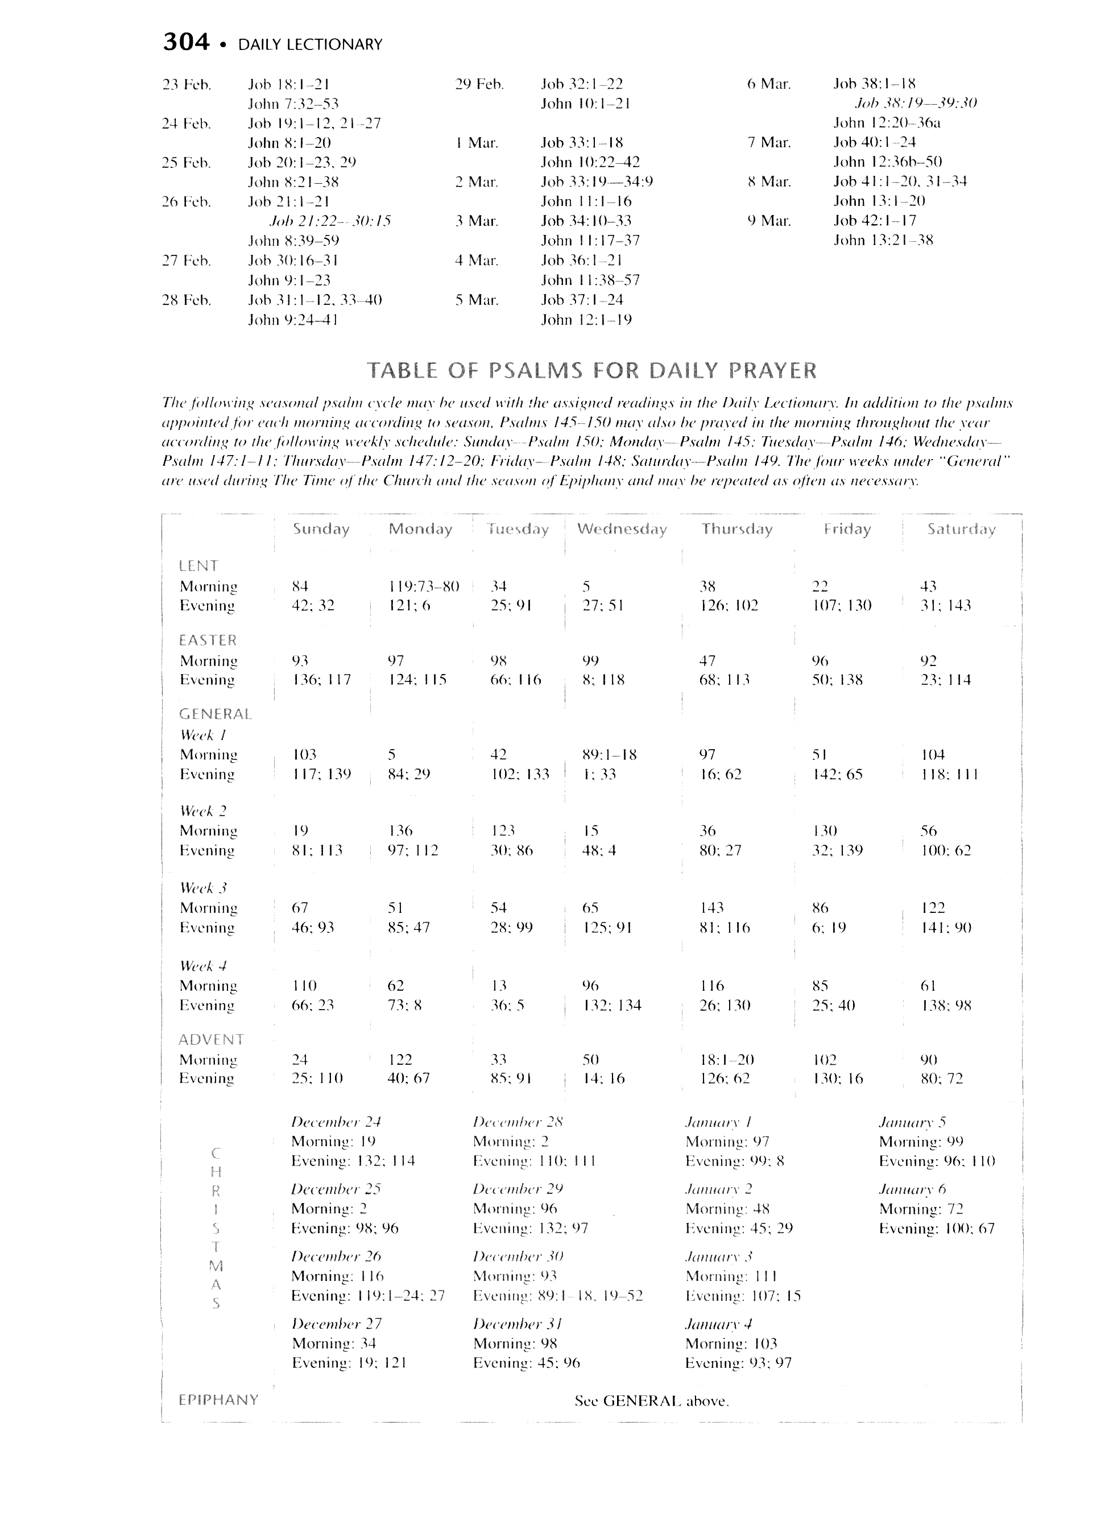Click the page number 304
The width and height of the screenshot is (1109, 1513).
(186, 43)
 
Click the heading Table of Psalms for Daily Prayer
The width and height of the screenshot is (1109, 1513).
(591, 370)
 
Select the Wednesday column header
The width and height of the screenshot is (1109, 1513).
(622, 530)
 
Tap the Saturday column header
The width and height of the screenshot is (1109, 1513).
(961, 530)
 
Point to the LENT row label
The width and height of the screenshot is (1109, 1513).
(198, 566)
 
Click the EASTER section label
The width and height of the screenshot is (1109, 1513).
(208, 640)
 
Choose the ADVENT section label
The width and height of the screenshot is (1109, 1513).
(211, 1040)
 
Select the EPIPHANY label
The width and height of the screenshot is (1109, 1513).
(218, 1400)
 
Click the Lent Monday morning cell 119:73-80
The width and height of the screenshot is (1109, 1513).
(424, 586)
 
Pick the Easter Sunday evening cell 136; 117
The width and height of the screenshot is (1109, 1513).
(321, 680)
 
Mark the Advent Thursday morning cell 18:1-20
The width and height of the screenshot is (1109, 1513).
(726, 1060)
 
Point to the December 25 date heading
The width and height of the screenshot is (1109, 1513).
(336, 1189)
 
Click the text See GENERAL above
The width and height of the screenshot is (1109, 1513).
(651, 1402)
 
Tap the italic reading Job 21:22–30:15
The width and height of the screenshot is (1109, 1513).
(330, 221)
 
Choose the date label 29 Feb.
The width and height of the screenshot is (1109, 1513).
(479, 85)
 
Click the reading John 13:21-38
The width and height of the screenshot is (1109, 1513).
(883, 240)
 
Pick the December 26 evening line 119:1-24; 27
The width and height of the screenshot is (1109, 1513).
(368, 1296)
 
